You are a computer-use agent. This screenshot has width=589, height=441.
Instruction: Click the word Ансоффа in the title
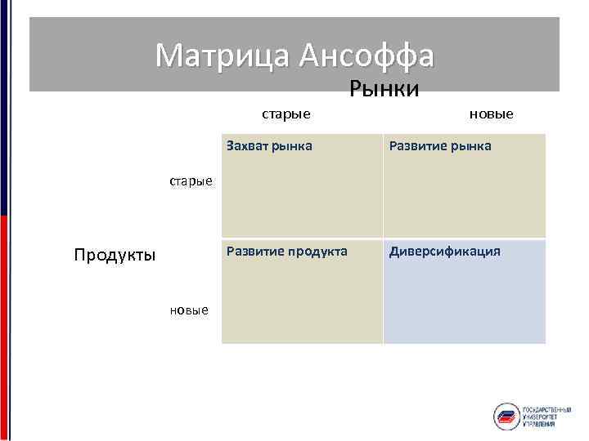click(366, 56)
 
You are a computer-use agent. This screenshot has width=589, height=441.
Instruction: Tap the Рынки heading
click(384, 88)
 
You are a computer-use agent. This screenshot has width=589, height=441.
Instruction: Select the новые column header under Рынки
click(491, 114)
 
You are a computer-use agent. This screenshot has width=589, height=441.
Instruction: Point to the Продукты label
click(115, 255)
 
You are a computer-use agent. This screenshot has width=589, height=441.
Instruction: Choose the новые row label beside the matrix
click(189, 310)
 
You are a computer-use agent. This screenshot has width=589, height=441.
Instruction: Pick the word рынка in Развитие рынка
click(469, 146)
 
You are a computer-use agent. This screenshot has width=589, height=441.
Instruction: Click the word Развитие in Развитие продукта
click(254, 251)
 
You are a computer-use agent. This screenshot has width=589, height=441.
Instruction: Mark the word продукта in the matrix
click(317, 251)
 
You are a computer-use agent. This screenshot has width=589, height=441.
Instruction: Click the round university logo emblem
click(506, 416)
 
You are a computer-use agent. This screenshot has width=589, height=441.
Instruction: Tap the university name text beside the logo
click(546, 416)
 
